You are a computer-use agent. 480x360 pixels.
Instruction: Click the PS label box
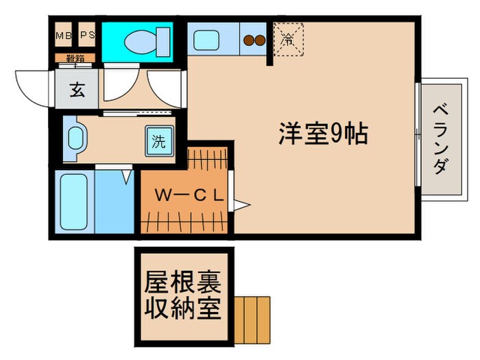(x=87, y=35)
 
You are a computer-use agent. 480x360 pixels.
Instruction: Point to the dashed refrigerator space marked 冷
(x=287, y=40)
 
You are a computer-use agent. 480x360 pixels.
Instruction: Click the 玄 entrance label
(x=77, y=90)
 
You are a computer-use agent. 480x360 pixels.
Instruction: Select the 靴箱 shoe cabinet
(x=75, y=59)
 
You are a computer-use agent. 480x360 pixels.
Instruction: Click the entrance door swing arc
(x=31, y=86)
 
